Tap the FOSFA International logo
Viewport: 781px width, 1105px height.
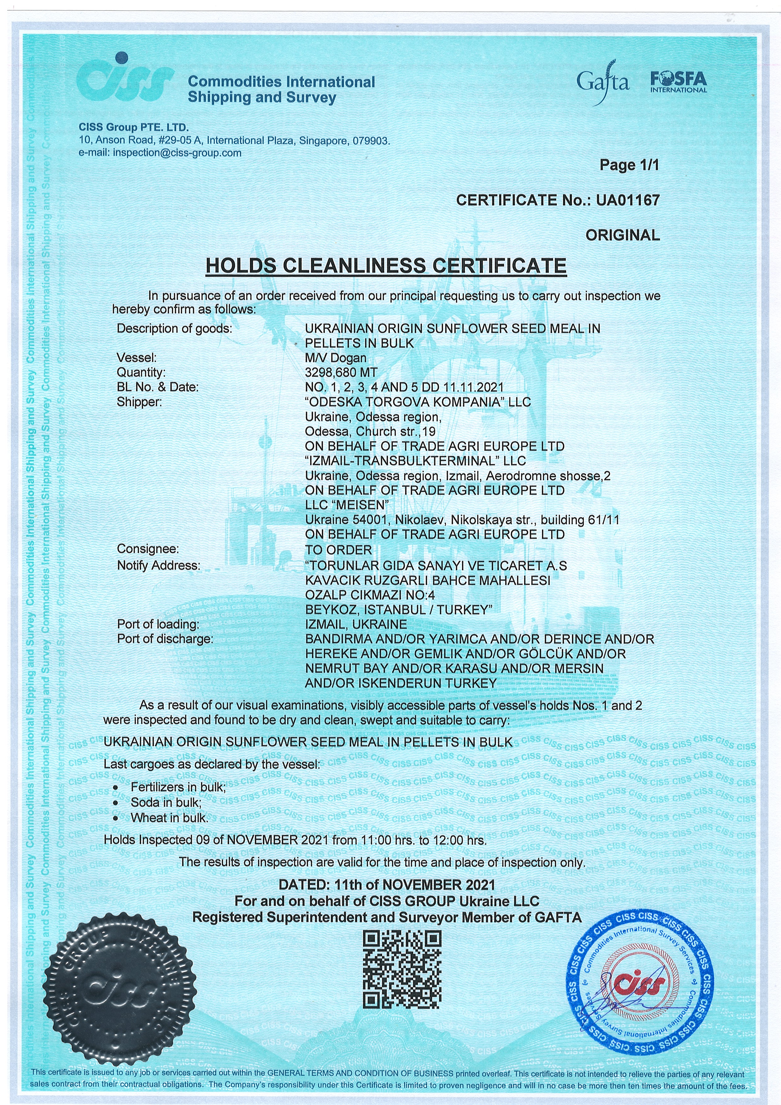click(x=679, y=82)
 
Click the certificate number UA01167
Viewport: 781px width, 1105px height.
click(x=628, y=200)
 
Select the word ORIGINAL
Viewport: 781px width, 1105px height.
click(x=622, y=235)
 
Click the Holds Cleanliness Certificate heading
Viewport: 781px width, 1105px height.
click(x=385, y=266)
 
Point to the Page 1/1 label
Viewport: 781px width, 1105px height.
click(x=629, y=165)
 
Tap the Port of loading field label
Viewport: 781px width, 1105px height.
click(x=158, y=624)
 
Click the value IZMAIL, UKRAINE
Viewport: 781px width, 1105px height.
click(x=356, y=624)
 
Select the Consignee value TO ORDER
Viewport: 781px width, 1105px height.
click(x=338, y=550)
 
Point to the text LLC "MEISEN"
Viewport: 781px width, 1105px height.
click(x=346, y=505)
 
